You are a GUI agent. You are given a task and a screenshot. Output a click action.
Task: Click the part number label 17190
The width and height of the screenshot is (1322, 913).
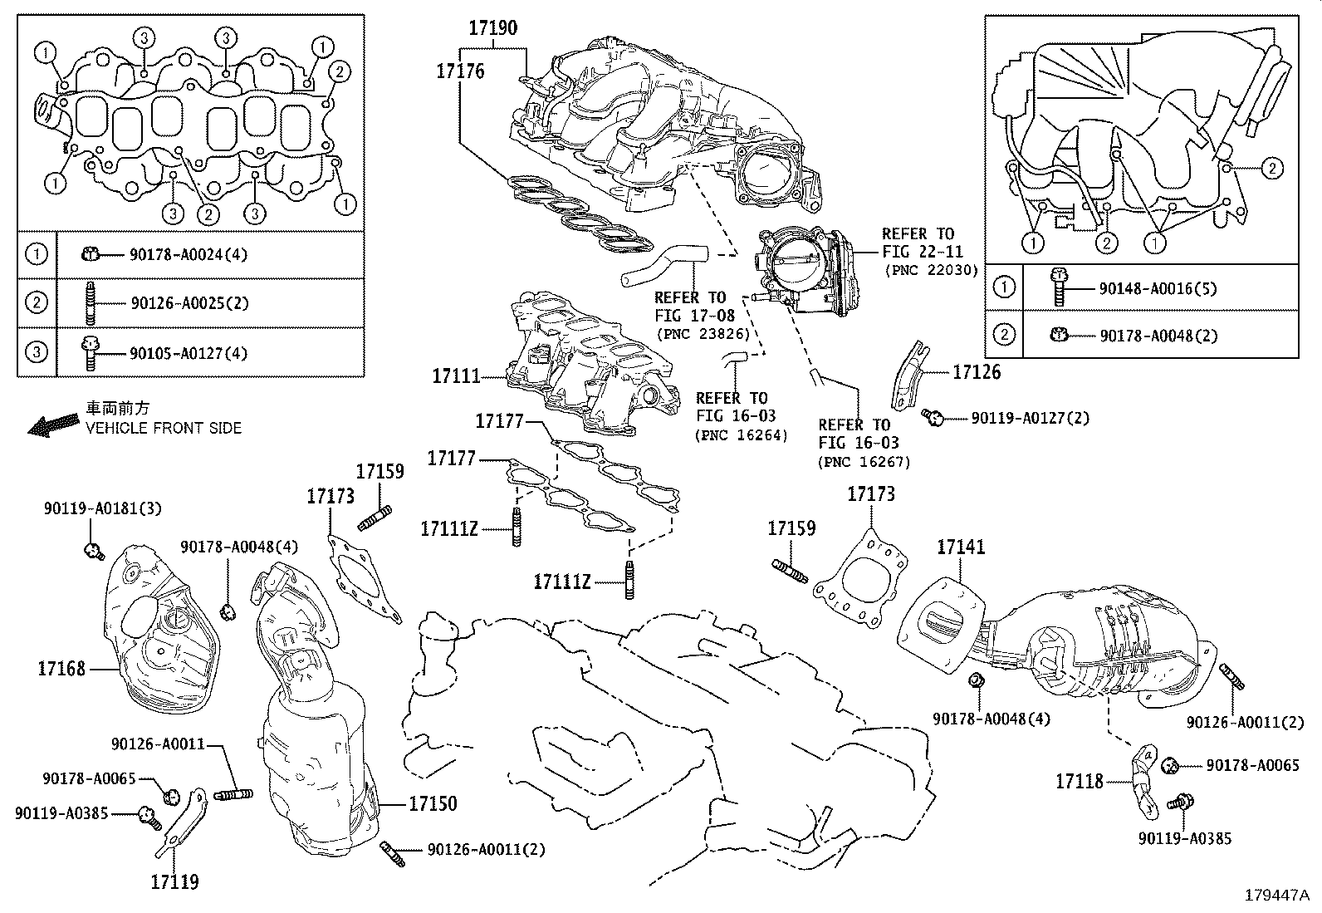[x=492, y=28]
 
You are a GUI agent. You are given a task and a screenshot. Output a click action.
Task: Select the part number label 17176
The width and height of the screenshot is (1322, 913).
[x=460, y=71]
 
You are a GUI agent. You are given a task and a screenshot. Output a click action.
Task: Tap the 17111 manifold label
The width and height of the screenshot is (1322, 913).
[x=456, y=376]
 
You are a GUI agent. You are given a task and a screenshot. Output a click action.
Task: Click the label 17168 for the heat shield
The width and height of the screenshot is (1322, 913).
[x=61, y=668]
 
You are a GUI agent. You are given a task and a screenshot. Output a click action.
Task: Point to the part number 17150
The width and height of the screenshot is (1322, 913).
[x=433, y=804]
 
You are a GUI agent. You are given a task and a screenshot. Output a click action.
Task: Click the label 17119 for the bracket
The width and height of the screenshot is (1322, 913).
[x=175, y=881]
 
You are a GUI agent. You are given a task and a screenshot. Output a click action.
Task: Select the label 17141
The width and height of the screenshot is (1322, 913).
[x=961, y=547]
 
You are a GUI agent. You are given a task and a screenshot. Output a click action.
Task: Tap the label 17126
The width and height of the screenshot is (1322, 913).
[x=977, y=372]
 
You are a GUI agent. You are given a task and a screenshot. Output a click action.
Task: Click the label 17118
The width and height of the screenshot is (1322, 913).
[x=1080, y=781]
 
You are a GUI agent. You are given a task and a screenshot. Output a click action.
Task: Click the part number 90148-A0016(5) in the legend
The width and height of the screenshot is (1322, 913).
[x=1157, y=289]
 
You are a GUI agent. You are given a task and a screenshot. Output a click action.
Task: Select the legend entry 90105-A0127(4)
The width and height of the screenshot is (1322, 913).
[x=189, y=353]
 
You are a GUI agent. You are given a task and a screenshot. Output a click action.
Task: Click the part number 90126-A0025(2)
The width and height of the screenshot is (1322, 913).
[x=189, y=303]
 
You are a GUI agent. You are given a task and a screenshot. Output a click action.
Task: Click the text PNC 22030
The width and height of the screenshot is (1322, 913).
[x=931, y=271]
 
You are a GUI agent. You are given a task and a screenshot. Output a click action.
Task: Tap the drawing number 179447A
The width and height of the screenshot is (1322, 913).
[x=1276, y=896]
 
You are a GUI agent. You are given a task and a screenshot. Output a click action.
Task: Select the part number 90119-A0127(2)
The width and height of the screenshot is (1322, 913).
[x=1030, y=418]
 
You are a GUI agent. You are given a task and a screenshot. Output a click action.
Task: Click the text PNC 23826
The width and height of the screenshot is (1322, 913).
[x=703, y=334]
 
